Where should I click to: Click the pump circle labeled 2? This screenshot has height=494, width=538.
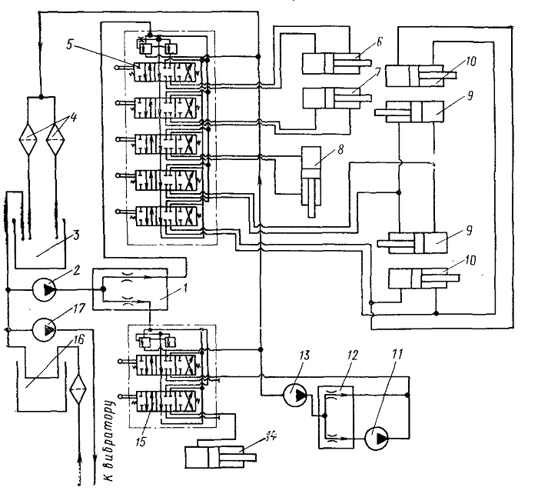pos(45,290)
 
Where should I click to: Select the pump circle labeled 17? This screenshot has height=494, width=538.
pos(45,329)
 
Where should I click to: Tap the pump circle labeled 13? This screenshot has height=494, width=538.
pos(295,395)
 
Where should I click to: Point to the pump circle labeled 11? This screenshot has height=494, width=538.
pos(376,438)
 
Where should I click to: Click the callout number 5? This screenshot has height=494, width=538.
pos(70,45)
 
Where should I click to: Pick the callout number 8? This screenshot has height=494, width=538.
pos(340,151)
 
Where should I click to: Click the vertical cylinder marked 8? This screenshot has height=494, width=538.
pos(311,182)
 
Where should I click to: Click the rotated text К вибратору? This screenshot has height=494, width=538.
pos(109,441)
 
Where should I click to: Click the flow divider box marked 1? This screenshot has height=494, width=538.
pos(130,289)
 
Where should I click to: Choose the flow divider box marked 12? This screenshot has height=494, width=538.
pos(336,417)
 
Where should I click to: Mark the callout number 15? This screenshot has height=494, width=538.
pos(141,441)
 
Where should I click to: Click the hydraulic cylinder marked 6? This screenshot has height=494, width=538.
pos(337,63)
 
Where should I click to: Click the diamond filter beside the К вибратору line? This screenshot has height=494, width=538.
pos(78,389)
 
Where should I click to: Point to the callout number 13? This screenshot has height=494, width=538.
pos(304,355)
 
